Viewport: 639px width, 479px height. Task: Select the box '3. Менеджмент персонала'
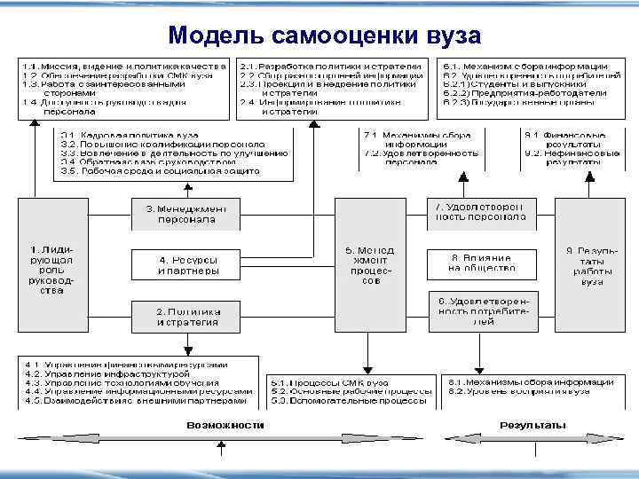click(186, 213)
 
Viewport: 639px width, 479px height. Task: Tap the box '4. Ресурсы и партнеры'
click(186, 264)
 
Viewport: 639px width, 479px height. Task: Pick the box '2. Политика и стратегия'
click(186, 316)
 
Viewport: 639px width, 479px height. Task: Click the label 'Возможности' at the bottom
click(225, 425)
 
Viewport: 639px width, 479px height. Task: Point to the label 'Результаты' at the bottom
click(532, 425)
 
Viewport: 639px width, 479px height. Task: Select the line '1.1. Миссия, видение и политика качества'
click(124, 66)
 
